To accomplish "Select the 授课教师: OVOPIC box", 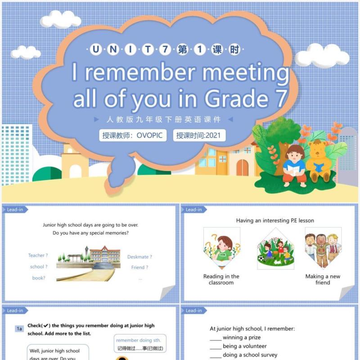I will (x=133, y=135).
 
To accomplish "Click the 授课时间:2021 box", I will (x=199, y=135).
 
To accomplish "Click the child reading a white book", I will (x=294, y=165).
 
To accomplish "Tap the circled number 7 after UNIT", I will (x=165, y=50).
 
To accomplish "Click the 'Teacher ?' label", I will (x=38, y=256).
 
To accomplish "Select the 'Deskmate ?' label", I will (x=139, y=257).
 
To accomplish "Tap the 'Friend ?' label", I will (x=139, y=267).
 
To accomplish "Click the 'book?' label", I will (x=39, y=278).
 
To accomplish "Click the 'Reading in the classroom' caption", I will (x=221, y=279).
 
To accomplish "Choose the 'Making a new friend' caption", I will (x=323, y=279).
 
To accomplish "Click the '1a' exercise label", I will (x=19, y=329).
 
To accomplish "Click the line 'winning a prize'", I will (x=242, y=337).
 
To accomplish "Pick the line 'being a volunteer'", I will (x=244, y=346).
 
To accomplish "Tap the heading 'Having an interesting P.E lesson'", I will (x=275, y=220).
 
